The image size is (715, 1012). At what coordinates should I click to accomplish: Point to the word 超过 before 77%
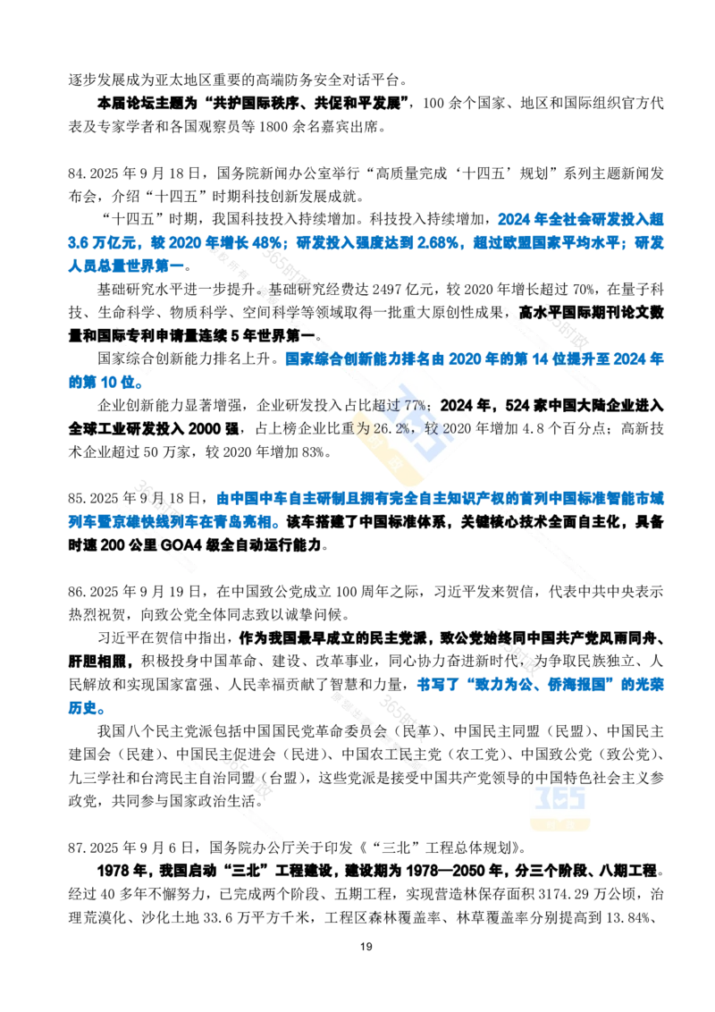(390, 404)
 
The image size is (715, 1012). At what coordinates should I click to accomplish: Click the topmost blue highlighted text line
(581, 217)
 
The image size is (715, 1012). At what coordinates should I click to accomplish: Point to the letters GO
(169, 544)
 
